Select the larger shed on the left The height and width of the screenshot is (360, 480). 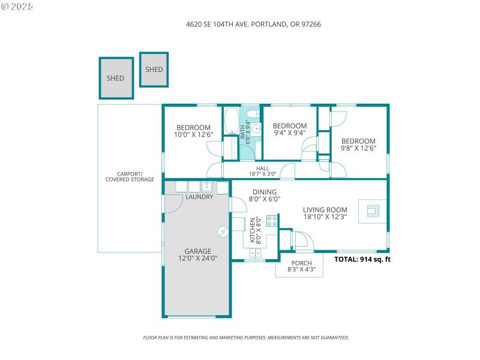tap(116, 78)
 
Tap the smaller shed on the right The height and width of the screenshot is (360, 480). tap(154, 69)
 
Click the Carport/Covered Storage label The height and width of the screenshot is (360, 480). tap(130, 176)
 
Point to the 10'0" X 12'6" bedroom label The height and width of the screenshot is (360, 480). tap(193, 131)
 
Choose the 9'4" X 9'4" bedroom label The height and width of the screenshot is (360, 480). tap(290, 129)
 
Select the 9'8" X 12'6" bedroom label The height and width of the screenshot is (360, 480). tap(358, 144)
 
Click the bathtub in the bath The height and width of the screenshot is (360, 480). tap(231, 123)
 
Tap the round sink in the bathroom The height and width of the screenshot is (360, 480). tap(256, 128)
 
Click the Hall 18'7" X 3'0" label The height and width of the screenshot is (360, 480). tap(262, 172)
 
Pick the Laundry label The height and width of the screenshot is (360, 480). tap(199, 197)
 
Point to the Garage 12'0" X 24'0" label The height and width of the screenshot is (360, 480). tap(197, 254)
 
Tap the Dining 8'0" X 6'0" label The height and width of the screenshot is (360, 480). tap(265, 195)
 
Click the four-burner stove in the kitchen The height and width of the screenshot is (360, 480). tap(272, 220)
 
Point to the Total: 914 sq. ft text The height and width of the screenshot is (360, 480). tap(362, 260)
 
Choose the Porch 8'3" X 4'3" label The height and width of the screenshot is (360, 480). tap(301, 266)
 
